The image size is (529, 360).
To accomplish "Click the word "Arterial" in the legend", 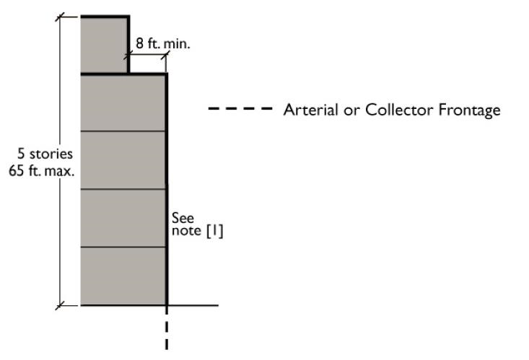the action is (307, 110).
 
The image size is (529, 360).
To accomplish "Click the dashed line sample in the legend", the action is (240, 110).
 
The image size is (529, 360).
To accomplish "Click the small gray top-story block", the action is (104, 44).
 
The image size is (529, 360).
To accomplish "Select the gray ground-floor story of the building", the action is (123, 276).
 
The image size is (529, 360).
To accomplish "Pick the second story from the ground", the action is (123, 218).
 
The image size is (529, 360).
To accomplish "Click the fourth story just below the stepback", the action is (123, 102).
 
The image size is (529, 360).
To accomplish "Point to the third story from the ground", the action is (123, 160).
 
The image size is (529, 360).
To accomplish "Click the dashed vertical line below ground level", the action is (167, 328).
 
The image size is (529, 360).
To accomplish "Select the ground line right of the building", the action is (193, 306).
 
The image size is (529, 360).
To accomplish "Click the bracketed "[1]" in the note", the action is (215, 231).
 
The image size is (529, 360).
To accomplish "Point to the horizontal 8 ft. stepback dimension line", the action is (147, 55).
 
